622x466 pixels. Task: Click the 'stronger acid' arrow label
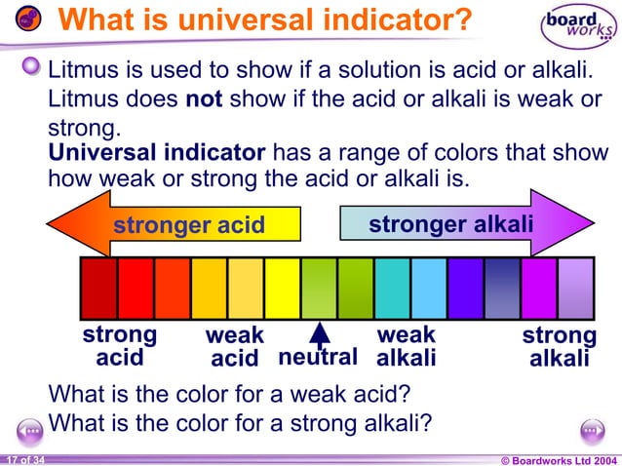coord(189,225)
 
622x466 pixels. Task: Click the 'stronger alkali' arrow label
coord(450,224)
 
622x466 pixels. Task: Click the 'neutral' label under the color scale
coord(318,358)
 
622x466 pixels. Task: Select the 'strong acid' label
coord(119,346)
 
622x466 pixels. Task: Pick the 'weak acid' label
coord(235,347)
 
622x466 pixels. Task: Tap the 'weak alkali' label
coord(406,346)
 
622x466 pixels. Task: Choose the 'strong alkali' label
coord(559,347)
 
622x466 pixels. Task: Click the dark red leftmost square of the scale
coord(98,289)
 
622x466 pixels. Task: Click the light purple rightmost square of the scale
coord(575,289)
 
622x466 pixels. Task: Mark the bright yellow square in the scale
coord(283,289)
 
